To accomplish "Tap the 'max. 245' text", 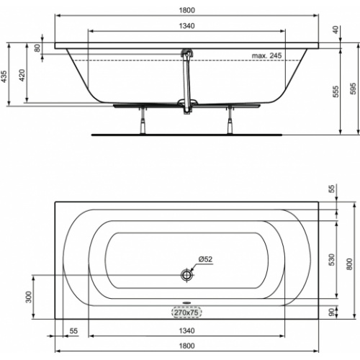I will [266, 55].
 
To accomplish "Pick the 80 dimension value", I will [38, 48].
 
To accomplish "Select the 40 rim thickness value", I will [336, 30].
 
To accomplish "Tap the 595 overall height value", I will [352, 86].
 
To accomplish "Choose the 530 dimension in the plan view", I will [332, 258].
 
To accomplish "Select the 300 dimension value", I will [29, 297].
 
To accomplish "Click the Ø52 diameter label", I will [205, 260].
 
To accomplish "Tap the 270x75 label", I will [186, 313].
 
